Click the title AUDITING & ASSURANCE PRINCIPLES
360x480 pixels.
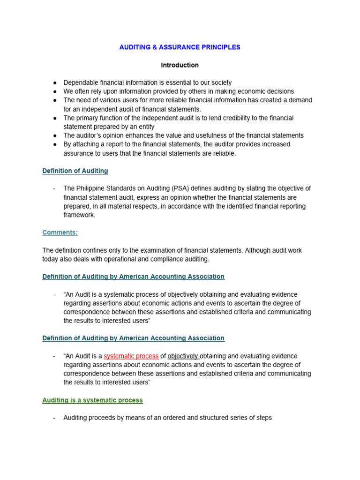tap(180, 47)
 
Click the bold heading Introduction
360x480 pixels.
tap(180, 65)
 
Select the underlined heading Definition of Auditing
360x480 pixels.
tap(75, 171)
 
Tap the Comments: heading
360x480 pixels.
tap(60, 232)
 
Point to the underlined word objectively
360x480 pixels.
tap(183, 356)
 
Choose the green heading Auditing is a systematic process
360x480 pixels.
tap(92, 400)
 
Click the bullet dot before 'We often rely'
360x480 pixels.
tap(55, 91)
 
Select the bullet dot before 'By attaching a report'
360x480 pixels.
tap(55, 144)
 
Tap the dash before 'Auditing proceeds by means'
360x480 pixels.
tap(55, 418)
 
